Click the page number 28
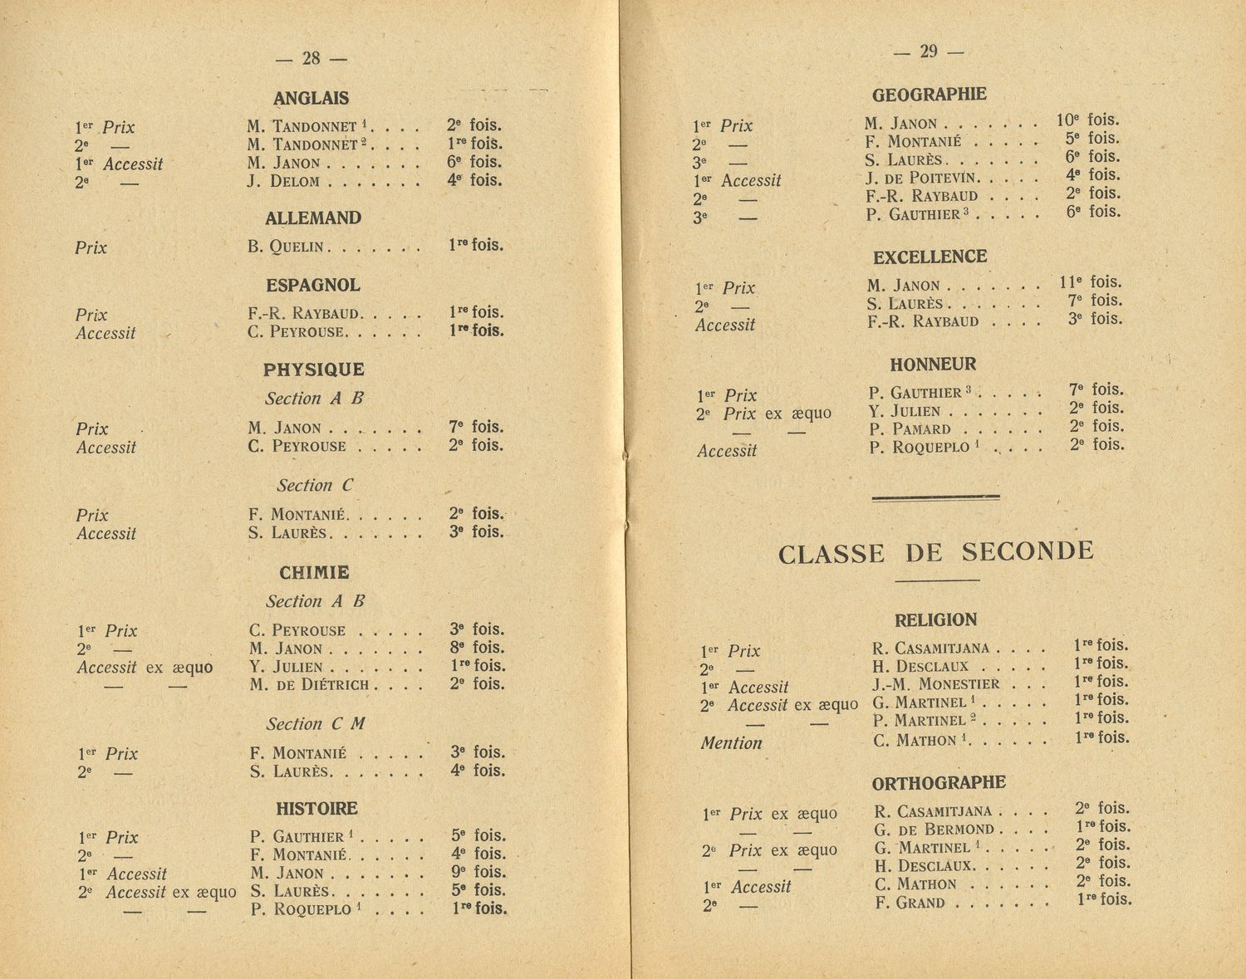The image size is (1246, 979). pyautogui.click(x=311, y=58)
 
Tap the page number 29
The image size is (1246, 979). pyautogui.click(x=929, y=51)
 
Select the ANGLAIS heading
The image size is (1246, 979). pyautogui.click(x=311, y=98)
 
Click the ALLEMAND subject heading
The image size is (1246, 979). pyautogui.click(x=313, y=218)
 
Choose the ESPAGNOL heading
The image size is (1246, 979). pyautogui.click(x=313, y=286)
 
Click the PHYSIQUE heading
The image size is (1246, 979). pyautogui.click(x=314, y=370)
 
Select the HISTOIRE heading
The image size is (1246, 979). pyautogui.click(x=316, y=808)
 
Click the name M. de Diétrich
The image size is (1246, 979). pyautogui.click(x=309, y=685)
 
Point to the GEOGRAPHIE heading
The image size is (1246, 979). pyautogui.click(x=930, y=95)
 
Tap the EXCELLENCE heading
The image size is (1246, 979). pyautogui.click(x=930, y=257)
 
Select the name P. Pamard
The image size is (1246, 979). pyautogui.click(x=910, y=429)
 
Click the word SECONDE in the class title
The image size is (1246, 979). pyautogui.click(x=1028, y=551)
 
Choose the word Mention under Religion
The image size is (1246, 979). pyautogui.click(x=731, y=743)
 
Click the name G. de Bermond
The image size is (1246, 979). pyautogui.click(x=934, y=830)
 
